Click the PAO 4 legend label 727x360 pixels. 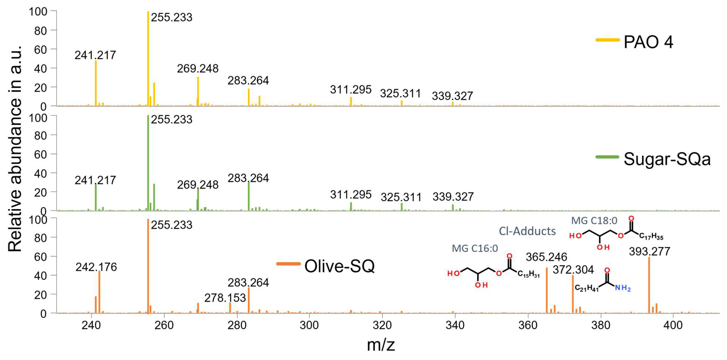coord(648,42)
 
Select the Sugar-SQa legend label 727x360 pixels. coord(667,159)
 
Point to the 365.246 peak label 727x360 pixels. coord(546,257)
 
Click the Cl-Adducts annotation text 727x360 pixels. coord(527,231)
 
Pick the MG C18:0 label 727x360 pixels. coord(594,220)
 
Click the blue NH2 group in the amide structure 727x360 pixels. coord(622,288)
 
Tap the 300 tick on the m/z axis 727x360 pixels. coord(309,325)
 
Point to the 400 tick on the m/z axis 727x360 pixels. coord(673,325)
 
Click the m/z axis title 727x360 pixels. coord(381,345)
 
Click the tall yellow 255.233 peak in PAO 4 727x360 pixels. coord(148,56)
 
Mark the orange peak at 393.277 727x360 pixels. coord(649,285)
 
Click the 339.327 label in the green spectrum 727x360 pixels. coord(453,197)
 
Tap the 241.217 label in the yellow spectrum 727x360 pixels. coord(95,55)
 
